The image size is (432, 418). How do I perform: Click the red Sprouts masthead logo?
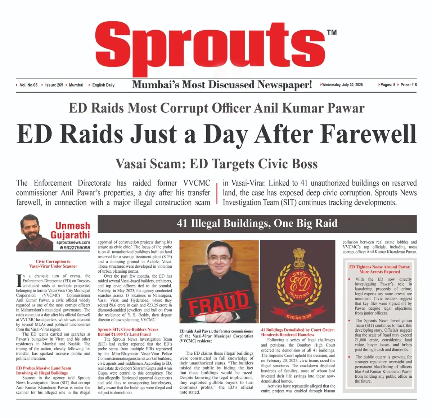click(x=210, y=45)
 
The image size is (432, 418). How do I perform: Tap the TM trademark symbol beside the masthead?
click(x=332, y=33)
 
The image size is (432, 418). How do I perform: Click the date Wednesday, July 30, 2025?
click(x=342, y=85)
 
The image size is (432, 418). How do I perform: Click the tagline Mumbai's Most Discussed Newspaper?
click(x=222, y=85)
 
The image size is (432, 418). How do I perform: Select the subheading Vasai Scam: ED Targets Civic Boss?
click(x=216, y=164)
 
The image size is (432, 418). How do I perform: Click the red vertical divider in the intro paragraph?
click(x=217, y=193)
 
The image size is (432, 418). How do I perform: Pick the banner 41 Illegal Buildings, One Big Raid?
click(x=257, y=223)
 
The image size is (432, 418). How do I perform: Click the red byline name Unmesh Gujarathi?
click(x=70, y=230)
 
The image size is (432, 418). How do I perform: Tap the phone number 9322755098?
click(x=77, y=248)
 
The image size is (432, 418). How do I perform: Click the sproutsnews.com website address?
click(x=73, y=242)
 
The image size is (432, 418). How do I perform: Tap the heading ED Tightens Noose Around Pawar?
click(x=379, y=269)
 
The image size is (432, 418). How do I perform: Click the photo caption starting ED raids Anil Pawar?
click(x=216, y=336)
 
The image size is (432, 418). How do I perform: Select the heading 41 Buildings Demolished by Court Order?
click(x=298, y=332)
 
